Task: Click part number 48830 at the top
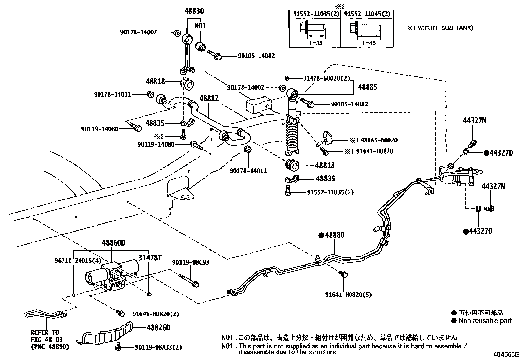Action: pyautogui.click(x=194, y=11)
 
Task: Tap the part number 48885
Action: pyautogui.click(x=367, y=87)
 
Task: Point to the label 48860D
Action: pyautogui.click(x=114, y=243)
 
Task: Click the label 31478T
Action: pyautogui.click(x=150, y=258)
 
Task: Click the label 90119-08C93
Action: pyautogui.click(x=191, y=262)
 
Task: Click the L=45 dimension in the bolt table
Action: pyautogui.click(x=369, y=43)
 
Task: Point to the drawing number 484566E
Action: pyautogui.click(x=506, y=355)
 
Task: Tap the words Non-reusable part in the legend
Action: pyautogui.click(x=485, y=321)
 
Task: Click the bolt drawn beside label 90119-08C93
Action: pyautogui.click(x=189, y=280)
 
